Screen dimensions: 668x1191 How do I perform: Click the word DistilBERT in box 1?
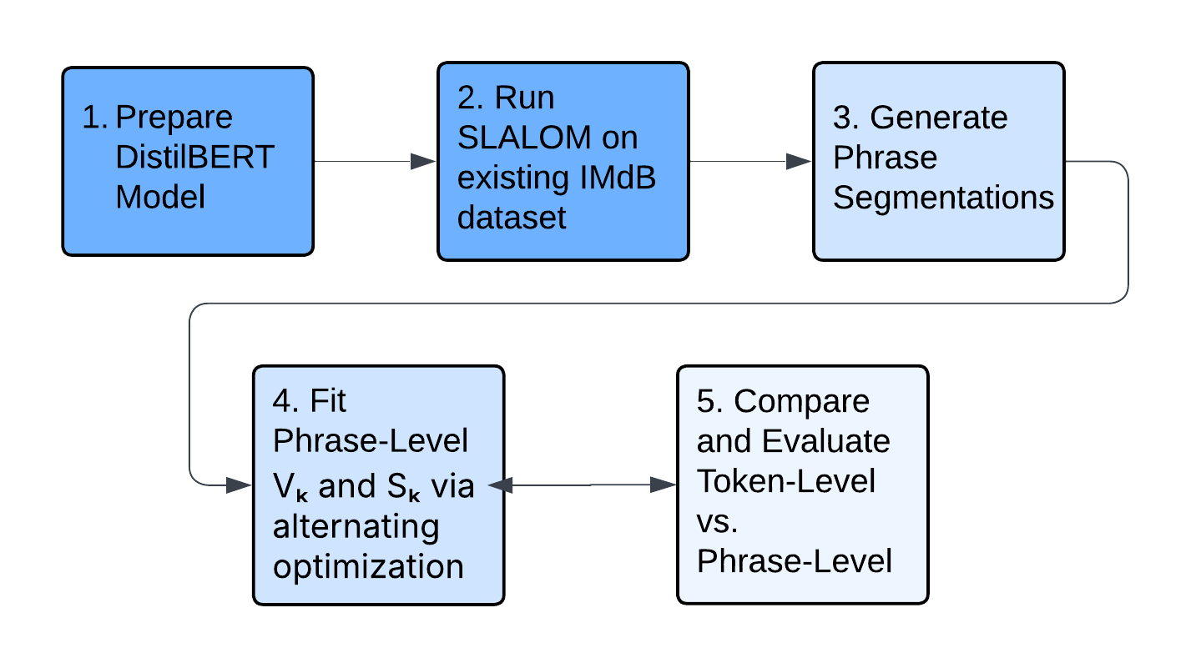(194, 158)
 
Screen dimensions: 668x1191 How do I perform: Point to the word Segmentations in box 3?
(943, 198)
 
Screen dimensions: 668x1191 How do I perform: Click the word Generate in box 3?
(939, 118)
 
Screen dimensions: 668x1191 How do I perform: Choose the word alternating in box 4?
(356, 526)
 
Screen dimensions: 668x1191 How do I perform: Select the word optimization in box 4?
(368, 566)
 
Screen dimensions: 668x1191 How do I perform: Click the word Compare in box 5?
(801, 402)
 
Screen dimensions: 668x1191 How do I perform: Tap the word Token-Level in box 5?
(786, 481)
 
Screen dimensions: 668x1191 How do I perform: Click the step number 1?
(93, 118)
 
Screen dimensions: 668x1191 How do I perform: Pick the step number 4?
(285, 402)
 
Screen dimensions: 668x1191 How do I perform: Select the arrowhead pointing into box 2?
(425, 162)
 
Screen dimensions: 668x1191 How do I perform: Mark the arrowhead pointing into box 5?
(664, 485)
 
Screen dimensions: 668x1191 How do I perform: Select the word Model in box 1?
(160, 198)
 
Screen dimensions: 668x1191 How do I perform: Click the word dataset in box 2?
(512, 218)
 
